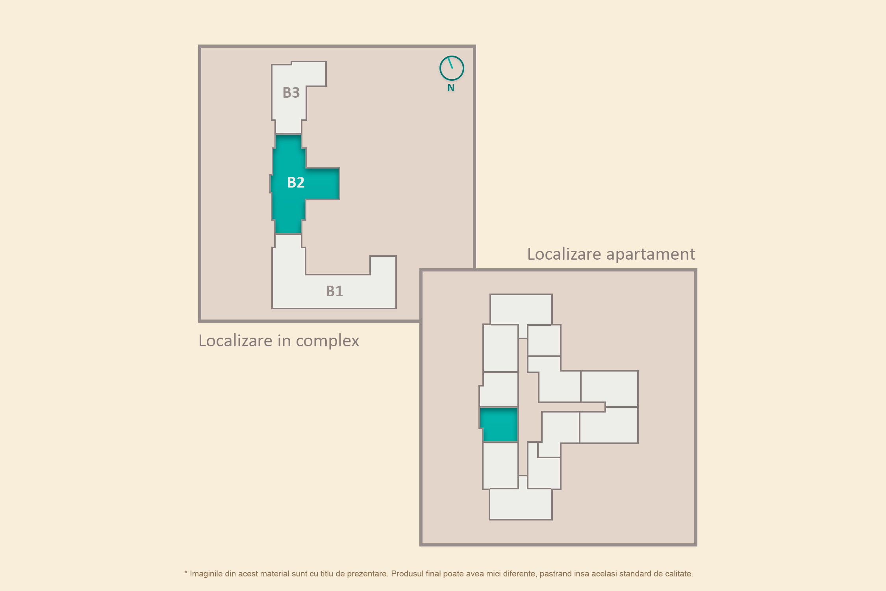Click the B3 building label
click(291, 93)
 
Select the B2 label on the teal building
click(296, 182)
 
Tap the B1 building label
click(334, 291)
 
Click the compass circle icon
click(452, 68)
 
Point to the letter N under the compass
click(451, 88)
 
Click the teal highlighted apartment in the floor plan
click(499, 424)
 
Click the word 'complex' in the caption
click(327, 341)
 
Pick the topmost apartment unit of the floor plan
click(521, 310)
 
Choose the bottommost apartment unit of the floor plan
click(521, 504)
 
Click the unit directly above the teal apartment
click(499, 389)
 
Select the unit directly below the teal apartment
click(500, 465)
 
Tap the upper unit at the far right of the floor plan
click(609, 388)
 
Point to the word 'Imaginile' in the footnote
click(206, 574)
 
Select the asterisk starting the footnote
click(186, 572)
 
